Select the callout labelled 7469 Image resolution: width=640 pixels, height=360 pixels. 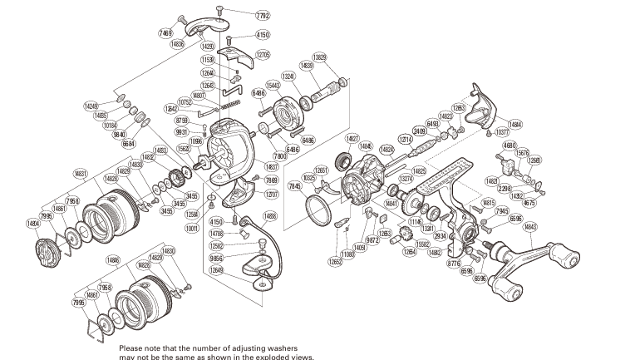point(165,31)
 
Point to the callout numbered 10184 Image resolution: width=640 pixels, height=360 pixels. point(111,125)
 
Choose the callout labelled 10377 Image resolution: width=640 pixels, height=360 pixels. point(502,132)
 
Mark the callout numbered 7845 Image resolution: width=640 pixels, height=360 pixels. point(293,186)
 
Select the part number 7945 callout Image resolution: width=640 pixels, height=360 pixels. point(501,211)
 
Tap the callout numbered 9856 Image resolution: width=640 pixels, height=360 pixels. point(217,258)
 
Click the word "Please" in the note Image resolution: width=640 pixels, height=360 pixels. point(134,348)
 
